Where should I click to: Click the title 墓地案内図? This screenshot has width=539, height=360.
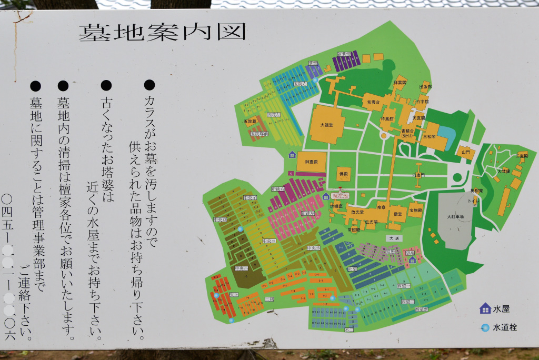click(163, 32)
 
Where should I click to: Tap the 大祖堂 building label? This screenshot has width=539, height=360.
click(327, 125)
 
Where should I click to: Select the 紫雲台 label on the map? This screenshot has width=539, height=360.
click(374, 102)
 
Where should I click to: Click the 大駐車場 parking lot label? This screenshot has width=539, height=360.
click(455, 216)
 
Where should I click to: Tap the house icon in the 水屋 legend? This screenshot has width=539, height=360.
click(485, 308)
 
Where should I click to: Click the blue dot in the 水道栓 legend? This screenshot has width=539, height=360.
click(485, 327)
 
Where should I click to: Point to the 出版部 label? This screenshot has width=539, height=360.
click(425, 87)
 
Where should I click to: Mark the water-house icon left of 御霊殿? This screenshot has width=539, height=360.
click(292, 154)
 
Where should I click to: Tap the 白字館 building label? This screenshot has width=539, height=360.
click(422, 101)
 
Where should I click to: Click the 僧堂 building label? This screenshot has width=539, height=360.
click(398, 214)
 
